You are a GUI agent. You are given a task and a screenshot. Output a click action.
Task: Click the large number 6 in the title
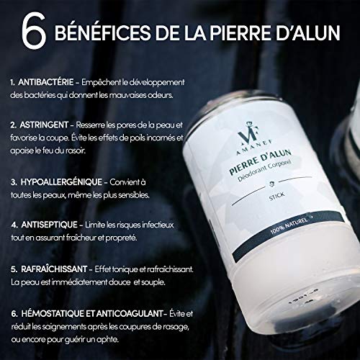pyautogui.click(x=34, y=31)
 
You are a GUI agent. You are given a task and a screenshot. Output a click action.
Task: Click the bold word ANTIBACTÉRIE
pyautogui.click(x=46, y=82)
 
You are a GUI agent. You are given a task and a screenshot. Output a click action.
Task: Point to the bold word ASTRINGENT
pyautogui.click(x=44, y=125)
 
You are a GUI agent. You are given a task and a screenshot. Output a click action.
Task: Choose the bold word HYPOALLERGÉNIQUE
pyautogui.click(x=61, y=182)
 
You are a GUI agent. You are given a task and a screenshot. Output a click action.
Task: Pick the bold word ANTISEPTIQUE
pyautogui.click(x=49, y=225)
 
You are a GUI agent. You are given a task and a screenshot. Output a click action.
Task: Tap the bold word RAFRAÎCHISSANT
pyautogui.click(x=54, y=269)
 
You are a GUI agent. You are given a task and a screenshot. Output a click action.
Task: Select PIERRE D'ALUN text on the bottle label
pyautogui.click(x=261, y=162)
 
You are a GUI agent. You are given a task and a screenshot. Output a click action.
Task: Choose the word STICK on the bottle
pyautogui.click(x=277, y=197)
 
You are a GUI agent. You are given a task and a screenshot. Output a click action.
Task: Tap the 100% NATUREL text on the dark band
pyautogui.click(x=289, y=225)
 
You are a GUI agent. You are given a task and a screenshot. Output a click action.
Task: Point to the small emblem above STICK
pyautogui.click(x=273, y=184)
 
